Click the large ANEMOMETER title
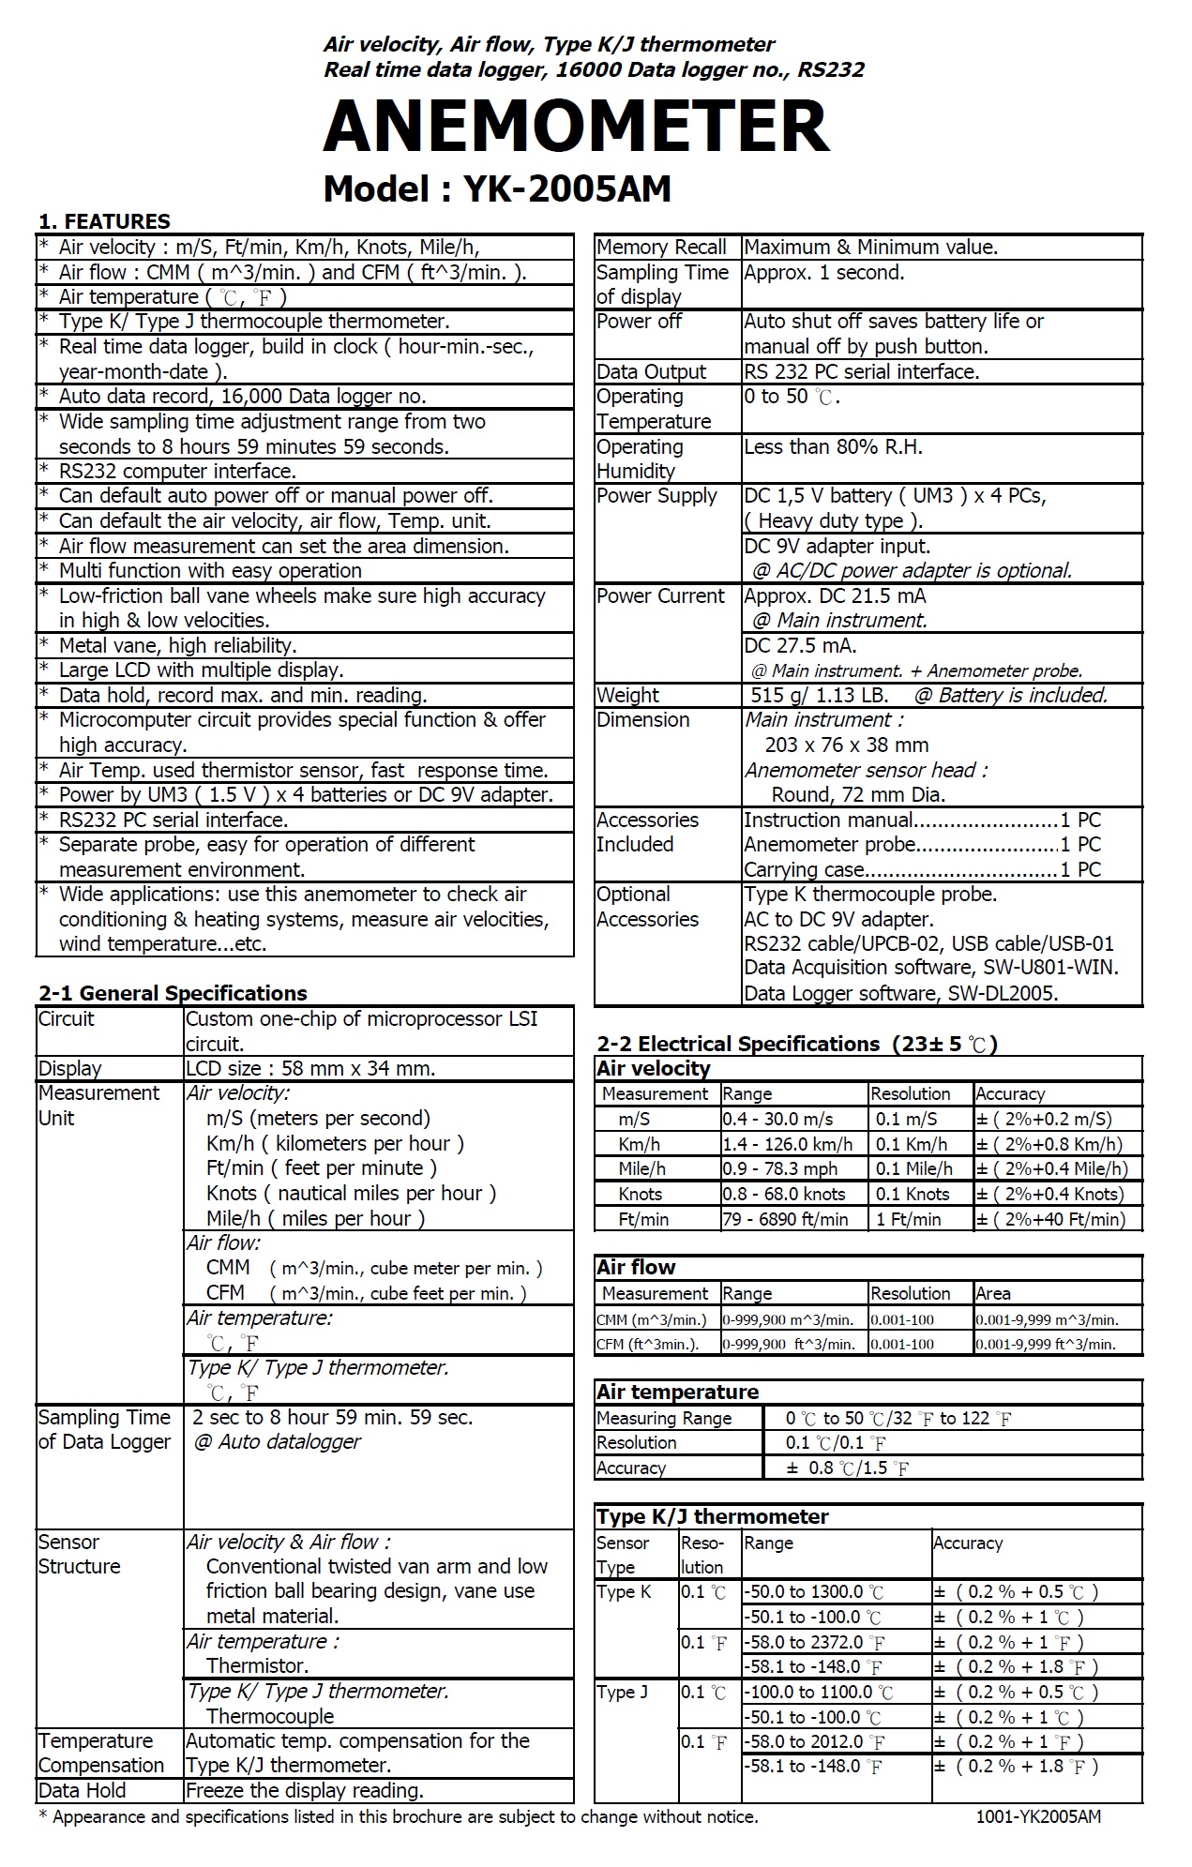tap(576, 127)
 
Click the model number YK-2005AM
tap(566, 189)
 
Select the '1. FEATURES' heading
tap(104, 221)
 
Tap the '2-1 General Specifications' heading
tap(173, 993)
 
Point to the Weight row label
tap(627, 695)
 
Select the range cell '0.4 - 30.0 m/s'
tap(777, 1119)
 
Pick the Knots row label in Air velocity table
tap(640, 1194)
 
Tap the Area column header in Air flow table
tap(993, 1293)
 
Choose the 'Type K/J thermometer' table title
tap(713, 1516)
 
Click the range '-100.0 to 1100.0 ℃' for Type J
tap(818, 1692)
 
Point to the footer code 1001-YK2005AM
tap(1038, 1816)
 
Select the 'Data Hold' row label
tap(82, 1790)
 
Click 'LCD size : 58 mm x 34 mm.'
tap(310, 1068)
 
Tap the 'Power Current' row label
tap(660, 595)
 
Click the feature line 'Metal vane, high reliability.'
tap(177, 645)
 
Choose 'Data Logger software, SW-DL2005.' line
tap(900, 993)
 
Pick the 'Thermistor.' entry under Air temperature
tap(257, 1665)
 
